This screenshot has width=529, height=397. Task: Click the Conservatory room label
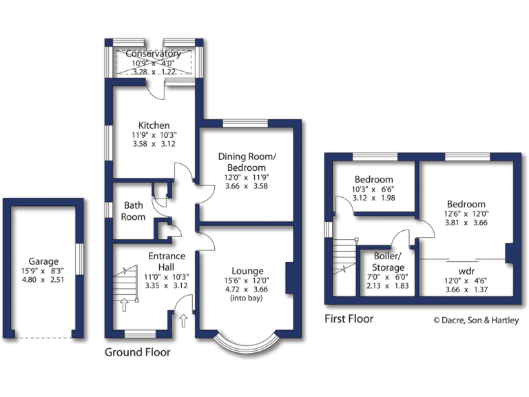tap(153, 53)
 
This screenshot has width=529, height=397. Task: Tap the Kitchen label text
tap(153, 125)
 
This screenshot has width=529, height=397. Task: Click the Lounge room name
tap(247, 270)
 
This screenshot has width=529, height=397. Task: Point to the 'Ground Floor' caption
tap(137, 352)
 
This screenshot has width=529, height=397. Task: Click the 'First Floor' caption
tap(349, 318)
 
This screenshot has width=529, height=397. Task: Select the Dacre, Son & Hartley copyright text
tap(477, 320)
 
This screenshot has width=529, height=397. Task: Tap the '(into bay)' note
tap(247, 298)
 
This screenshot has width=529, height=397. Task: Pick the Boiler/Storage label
tap(388, 262)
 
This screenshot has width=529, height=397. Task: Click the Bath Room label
tap(134, 211)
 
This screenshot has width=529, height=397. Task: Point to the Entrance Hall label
tap(167, 261)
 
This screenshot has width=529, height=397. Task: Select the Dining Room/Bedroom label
tap(247, 162)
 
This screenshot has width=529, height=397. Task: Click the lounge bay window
tap(247, 343)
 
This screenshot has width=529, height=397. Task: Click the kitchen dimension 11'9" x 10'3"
tap(153, 135)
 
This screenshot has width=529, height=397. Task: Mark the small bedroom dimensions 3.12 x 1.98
tap(374, 198)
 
